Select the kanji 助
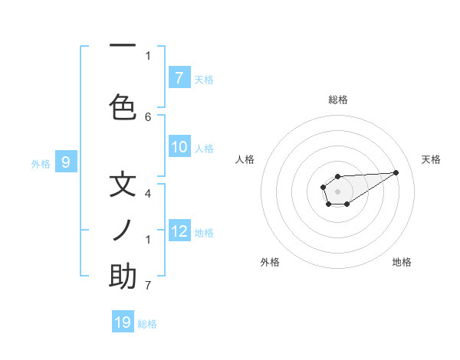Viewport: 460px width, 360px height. click(123, 276)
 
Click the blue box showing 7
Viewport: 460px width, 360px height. click(179, 77)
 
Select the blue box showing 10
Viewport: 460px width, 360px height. click(179, 147)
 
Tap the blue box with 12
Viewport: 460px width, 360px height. click(179, 231)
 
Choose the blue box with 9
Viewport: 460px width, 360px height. click(67, 162)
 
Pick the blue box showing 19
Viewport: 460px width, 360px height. click(123, 322)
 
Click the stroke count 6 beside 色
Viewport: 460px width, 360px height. click(148, 116)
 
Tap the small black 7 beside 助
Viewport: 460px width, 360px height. click(148, 286)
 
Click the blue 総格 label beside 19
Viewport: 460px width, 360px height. click(147, 324)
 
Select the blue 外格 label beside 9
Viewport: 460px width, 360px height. click(40, 163)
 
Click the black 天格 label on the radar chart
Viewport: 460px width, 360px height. click(431, 159)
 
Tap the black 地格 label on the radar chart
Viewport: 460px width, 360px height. click(402, 262)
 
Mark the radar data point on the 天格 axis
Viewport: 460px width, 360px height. click(396, 172)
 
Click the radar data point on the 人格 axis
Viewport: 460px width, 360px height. click(324, 186)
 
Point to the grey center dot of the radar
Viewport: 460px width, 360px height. click(337, 191)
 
